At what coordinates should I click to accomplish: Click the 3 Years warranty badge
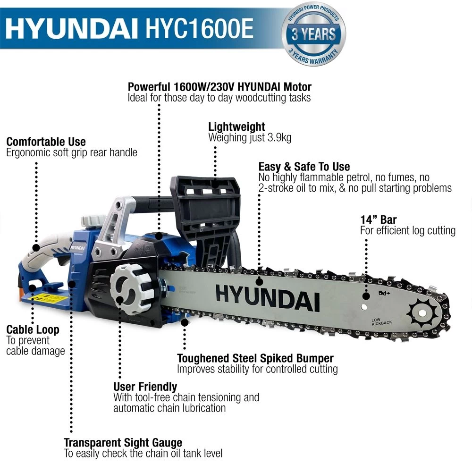(x=313, y=34)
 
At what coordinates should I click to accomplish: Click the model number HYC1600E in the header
(x=199, y=28)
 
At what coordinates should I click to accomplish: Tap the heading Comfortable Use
(x=46, y=142)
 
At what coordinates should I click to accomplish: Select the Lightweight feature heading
(x=236, y=126)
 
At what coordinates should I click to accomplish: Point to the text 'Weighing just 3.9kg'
(x=250, y=137)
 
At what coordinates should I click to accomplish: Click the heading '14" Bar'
(x=379, y=219)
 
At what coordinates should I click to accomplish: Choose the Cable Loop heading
(x=33, y=329)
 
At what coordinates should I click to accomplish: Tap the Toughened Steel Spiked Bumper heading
(x=255, y=358)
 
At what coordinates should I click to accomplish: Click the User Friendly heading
(x=145, y=387)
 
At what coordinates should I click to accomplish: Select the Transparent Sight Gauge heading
(x=123, y=443)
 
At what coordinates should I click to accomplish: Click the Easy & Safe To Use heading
(x=304, y=167)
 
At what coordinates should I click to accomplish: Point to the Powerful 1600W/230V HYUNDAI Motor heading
(x=219, y=87)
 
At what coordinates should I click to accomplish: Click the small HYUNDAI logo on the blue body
(x=78, y=248)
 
